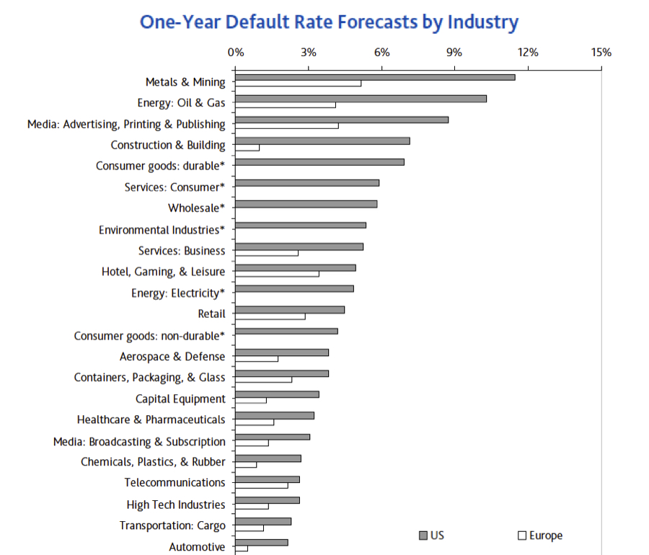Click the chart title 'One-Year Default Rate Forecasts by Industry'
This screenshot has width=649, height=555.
coord(329,22)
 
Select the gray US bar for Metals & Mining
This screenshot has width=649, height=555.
coord(375,77)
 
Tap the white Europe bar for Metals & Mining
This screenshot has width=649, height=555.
coord(299,84)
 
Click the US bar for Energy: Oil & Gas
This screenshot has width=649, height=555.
coord(361,98)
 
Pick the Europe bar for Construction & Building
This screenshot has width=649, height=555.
coord(247,148)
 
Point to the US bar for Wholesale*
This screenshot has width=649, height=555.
coord(306,204)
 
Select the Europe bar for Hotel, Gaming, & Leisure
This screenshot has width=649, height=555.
coord(277,274)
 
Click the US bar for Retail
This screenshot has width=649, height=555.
coord(290,309)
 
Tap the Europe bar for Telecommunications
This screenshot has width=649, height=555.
coord(262,485)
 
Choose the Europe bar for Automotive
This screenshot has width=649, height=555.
coord(242,549)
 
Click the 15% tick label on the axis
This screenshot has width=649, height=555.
coord(601,53)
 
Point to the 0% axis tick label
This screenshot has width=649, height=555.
coord(236,53)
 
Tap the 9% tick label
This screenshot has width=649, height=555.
coord(454,53)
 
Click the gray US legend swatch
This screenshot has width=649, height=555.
coord(423,536)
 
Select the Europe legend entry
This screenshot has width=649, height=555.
coord(540,536)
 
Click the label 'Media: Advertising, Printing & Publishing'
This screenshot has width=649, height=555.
coord(126,124)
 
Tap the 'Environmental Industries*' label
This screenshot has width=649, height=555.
coord(162,230)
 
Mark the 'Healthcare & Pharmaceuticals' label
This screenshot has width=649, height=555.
coord(151,419)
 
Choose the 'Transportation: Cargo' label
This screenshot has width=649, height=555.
coord(172,525)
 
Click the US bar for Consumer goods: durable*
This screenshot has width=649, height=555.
coord(319,161)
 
